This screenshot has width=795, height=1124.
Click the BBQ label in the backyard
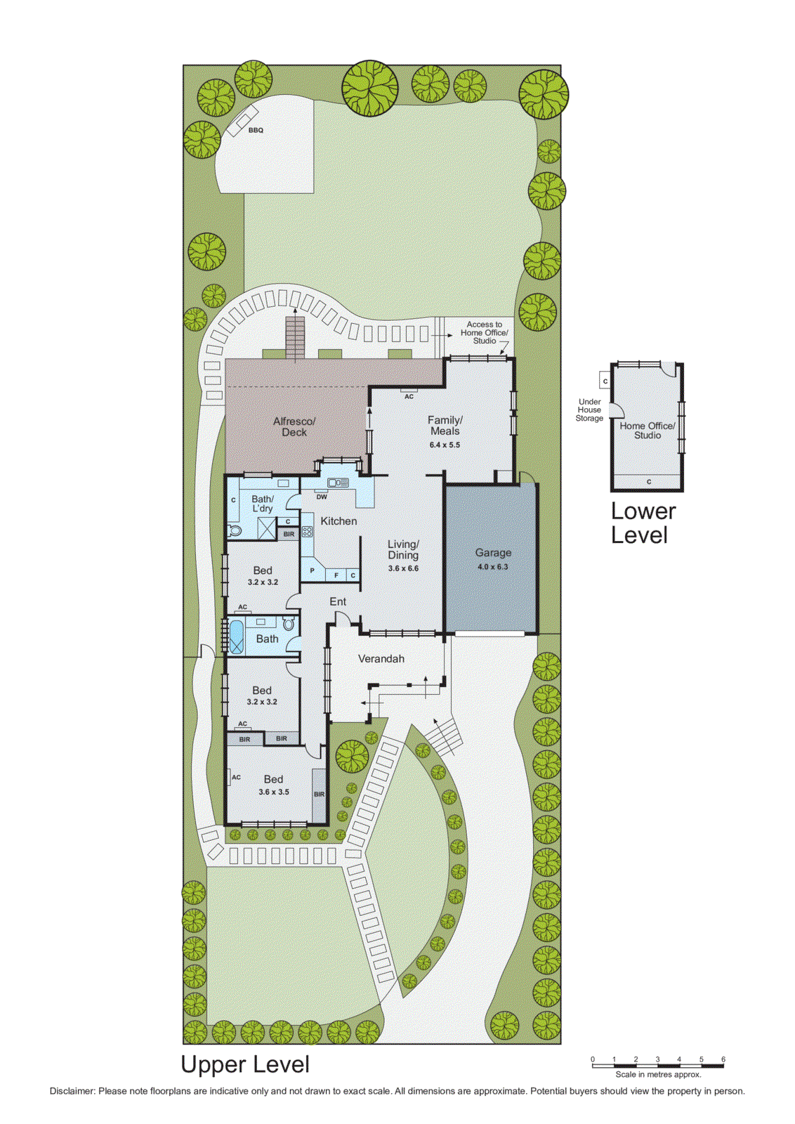click(x=256, y=130)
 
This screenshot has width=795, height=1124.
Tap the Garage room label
click(x=493, y=553)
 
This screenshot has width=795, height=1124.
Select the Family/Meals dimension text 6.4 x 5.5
click(x=445, y=445)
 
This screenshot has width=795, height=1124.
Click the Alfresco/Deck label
click(x=294, y=426)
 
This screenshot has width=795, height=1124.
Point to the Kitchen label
click(x=339, y=521)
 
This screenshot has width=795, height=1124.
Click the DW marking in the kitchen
click(x=322, y=497)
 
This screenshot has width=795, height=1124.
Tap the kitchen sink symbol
click(x=338, y=483)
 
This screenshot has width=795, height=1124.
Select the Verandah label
click(x=381, y=659)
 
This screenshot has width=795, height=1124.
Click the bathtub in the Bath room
click(x=235, y=636)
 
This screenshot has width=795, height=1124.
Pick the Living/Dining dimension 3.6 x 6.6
click(x=403, y=568)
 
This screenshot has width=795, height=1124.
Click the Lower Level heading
click(x=643, y=523)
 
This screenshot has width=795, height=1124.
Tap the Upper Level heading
click(x=245, y=1064)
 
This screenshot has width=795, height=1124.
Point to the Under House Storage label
click(x=589, y=410)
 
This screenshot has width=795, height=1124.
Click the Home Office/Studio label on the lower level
click(x=648, y=431)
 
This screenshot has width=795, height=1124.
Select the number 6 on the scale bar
click(x=723, y=1059)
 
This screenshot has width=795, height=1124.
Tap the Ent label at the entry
click(x=338, y=602)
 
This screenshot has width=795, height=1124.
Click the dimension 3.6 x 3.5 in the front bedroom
click(x=273, y=792)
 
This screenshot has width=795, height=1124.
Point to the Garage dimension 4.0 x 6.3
click(x=492, y=567)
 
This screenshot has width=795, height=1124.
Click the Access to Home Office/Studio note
click(x=484, y=332)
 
